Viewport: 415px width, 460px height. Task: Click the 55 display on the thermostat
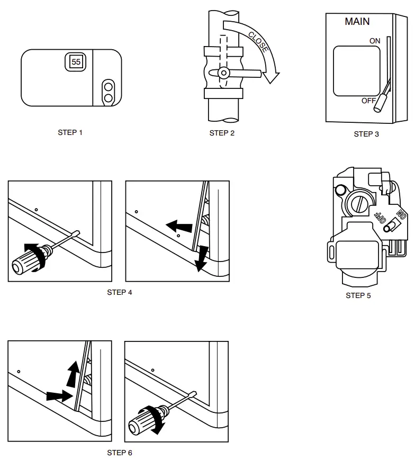(76, 62)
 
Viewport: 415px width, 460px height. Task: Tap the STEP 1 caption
(70, 132)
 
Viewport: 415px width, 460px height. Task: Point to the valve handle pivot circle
(223, 73)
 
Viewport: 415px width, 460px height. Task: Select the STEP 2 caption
(222, 133)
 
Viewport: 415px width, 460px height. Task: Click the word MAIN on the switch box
(357, 22)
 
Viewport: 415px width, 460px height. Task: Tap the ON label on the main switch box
(375, 41)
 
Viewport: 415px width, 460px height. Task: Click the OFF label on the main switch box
(369, 101)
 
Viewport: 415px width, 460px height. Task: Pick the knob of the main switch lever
(378, 106)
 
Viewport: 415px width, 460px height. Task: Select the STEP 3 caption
(366, 134)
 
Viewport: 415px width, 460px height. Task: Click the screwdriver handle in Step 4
(28, 259)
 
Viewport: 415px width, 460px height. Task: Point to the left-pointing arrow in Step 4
(178, 226)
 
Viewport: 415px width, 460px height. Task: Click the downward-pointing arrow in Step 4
(200, 258)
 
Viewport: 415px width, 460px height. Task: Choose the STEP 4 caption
(120, 292)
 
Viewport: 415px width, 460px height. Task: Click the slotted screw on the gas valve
(359, 202)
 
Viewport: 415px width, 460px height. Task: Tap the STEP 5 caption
(358, 295)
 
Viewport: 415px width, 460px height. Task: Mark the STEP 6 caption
(120, 453)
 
